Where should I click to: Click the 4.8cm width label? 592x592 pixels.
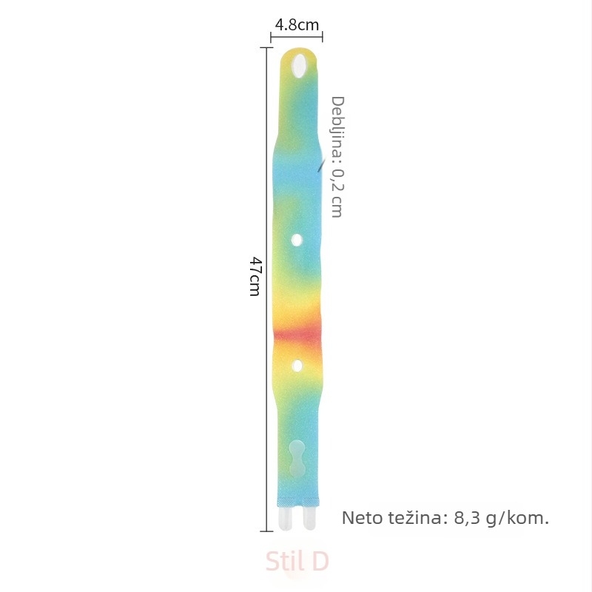[297, 25]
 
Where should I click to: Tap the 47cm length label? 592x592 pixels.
[255, 276]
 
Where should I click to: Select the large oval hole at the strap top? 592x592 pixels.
[299, 66]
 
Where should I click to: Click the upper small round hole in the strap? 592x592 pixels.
[297, 240]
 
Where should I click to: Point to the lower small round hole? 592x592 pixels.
[297, 366]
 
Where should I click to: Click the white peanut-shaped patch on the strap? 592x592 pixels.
[297, 458]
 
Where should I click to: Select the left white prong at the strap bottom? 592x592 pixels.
[285, 519]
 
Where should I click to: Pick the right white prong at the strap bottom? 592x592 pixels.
[309, 519]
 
